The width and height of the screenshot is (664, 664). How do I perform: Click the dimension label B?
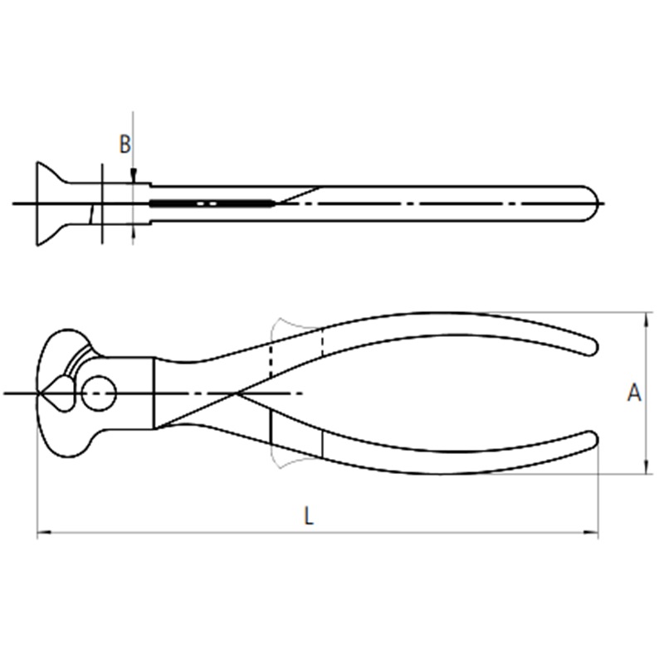[x=125, y=144]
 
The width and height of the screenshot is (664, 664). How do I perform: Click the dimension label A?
[x=634, y=393]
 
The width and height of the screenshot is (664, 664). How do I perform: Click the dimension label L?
[x=309, y=516]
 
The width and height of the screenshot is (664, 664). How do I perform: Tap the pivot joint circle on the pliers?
[x=99, y=393]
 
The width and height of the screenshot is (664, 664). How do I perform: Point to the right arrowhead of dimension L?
[x=592, y=532]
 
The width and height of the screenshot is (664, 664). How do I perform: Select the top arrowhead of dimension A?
[x=646, y=320]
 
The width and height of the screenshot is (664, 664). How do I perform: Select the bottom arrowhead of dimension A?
[x=646, y=466]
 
